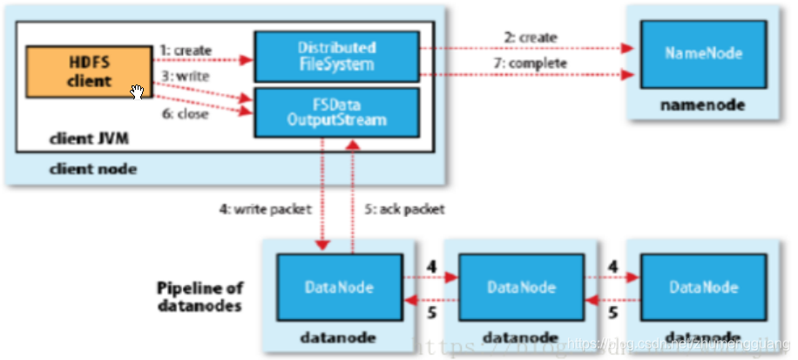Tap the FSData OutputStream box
coord(336,111)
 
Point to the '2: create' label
coord(530,37)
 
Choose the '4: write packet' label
coord(269,209)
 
